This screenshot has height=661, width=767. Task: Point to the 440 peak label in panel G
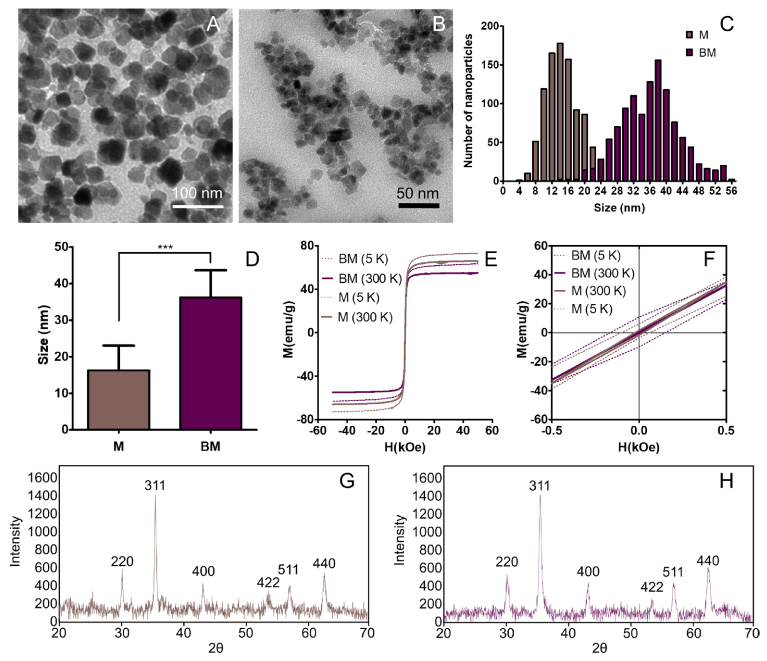pos(324,563)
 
